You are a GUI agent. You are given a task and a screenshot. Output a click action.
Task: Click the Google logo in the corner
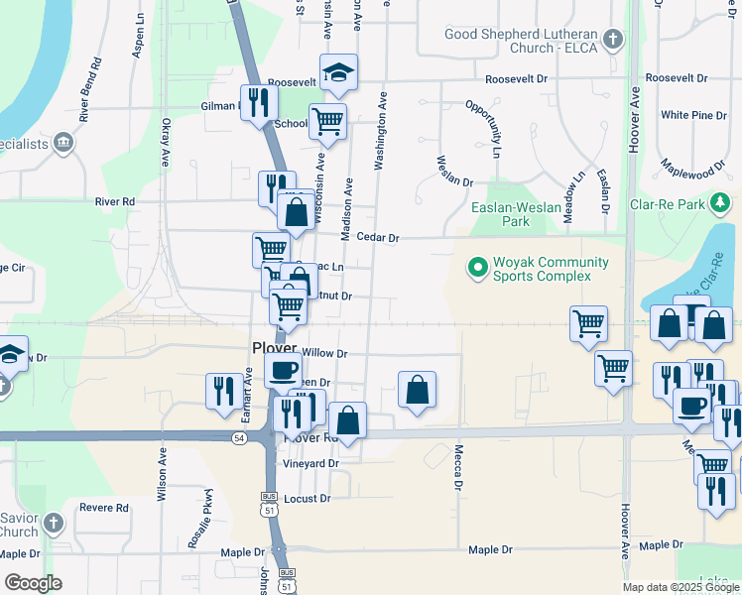34,582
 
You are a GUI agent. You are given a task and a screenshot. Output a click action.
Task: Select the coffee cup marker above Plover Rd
284,371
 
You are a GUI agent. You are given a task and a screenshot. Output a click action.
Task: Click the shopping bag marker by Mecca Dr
418,391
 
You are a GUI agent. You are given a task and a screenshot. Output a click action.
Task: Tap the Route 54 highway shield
239,437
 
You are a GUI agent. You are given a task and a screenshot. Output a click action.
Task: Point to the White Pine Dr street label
693,115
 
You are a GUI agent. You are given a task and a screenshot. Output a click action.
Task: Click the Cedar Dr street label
377,238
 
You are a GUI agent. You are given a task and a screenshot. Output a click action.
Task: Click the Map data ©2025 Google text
680,587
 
